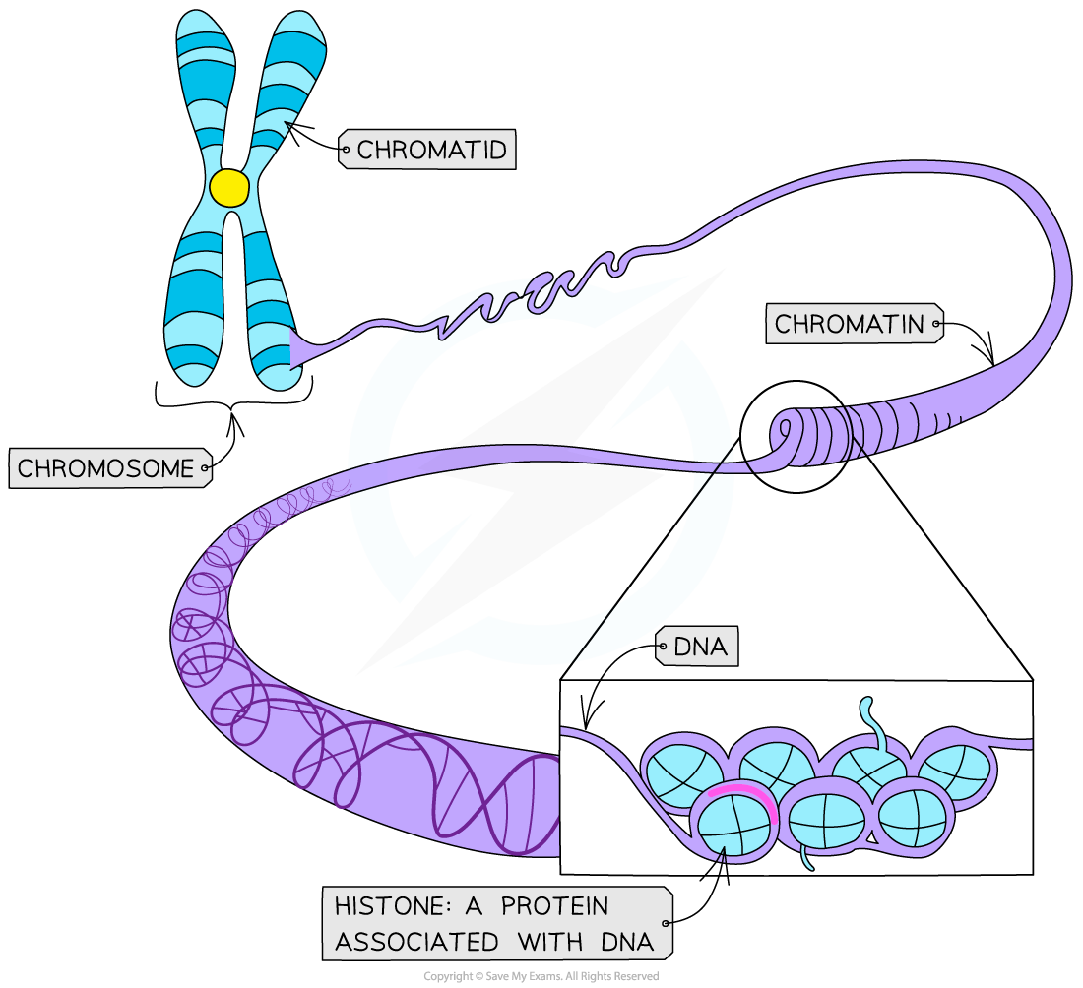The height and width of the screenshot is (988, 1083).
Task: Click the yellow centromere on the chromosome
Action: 229,188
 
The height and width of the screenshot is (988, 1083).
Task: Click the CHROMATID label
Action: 431,150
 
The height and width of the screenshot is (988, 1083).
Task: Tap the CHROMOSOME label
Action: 106,467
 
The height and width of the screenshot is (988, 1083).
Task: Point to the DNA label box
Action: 699,648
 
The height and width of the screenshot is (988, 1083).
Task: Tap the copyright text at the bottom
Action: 541,976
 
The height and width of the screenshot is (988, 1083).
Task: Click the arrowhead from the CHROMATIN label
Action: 992,360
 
